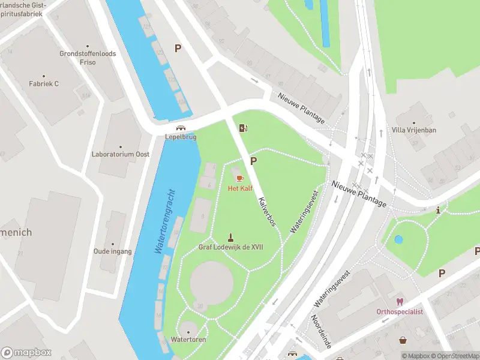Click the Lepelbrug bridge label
coord(181,137)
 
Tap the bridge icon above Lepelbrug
coord(180,128)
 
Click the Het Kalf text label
coord(240,188)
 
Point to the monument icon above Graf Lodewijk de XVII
coord(230,238)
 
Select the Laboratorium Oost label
coord(120,154)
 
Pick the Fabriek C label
coord(44,83)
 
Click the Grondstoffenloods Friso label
coord(88,58)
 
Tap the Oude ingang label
coord(112,251)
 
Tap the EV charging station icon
coord(242,128)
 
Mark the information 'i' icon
coord(439,210)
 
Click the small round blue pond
coord(398,239)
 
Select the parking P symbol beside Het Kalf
coord(253,161)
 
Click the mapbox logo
coord(26,353)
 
